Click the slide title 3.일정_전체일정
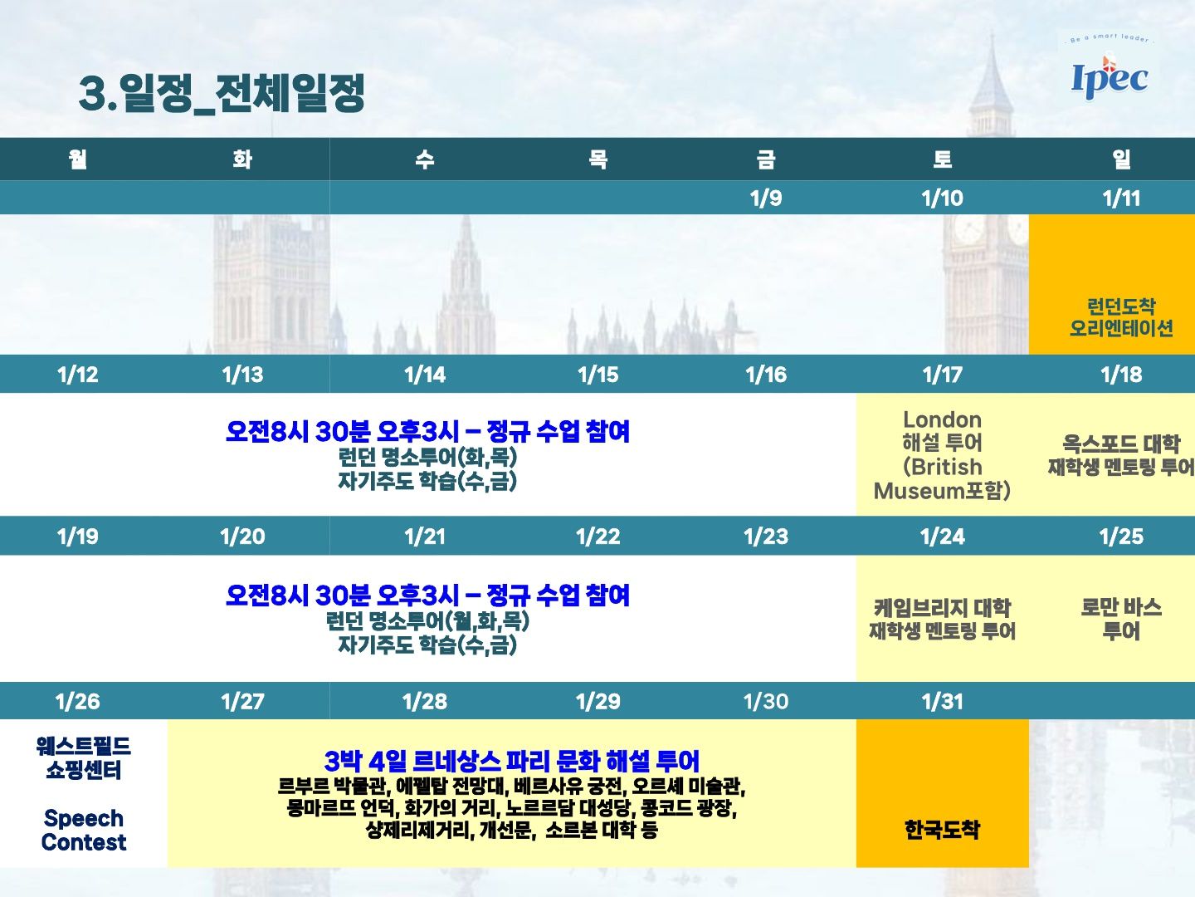(221, 93)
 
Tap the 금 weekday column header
(765, 159)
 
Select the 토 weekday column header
(943, 159)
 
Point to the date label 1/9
(765, 199)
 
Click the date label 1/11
(1121, 199)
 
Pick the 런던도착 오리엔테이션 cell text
(1121, 317)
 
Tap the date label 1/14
(425, 375)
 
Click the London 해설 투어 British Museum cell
(943, 455)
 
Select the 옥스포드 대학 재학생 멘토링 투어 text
(1121, 455)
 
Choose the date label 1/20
(242, 537)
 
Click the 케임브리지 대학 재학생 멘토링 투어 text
(943, 619)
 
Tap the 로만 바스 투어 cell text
(1121, 619)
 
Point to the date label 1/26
(78, 702)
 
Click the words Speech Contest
(84, 830)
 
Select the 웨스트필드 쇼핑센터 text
(84, 757)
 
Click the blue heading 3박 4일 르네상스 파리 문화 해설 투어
(511, 761)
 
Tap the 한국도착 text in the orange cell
(942, 830)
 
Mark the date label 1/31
(943, 702)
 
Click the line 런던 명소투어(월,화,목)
(427, 621)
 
